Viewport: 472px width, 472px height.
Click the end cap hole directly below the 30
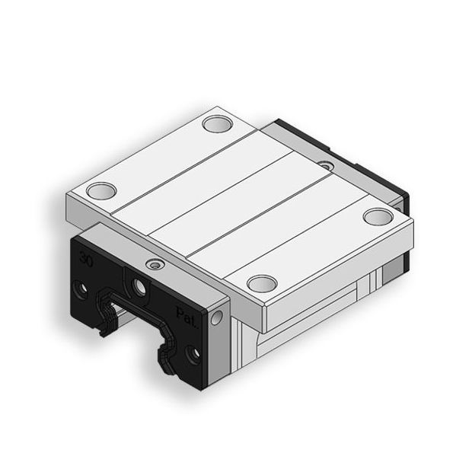pos(79,289)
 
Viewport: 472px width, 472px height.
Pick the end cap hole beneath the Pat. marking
pos(195,353)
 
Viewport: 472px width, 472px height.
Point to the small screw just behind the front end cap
pos(157,264)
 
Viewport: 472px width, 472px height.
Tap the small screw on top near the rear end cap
pos(326,165)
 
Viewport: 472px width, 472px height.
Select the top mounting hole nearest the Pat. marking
pos(260,283)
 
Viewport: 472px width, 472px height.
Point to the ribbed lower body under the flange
pos(305,320)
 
